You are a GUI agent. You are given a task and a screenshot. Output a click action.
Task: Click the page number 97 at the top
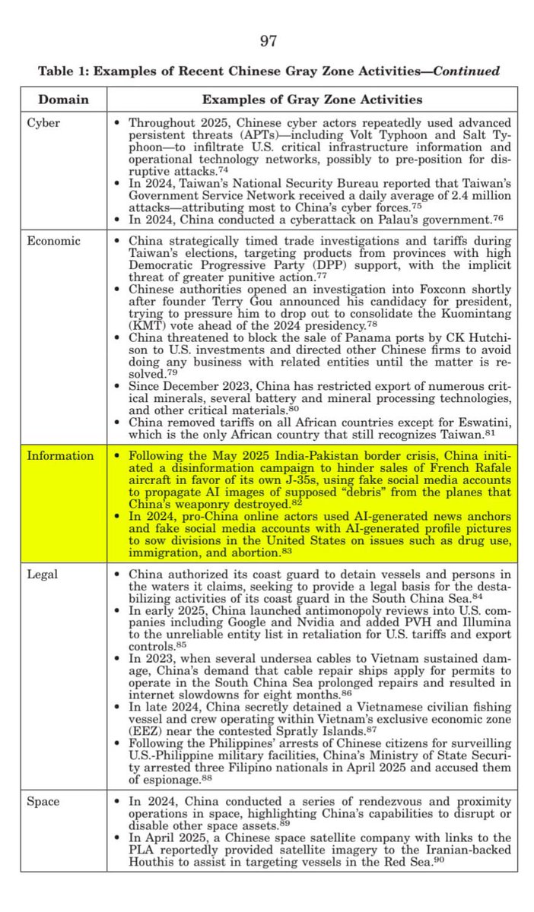click(x=268, y=41)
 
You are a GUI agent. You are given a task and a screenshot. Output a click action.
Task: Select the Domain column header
click(x=63, y=100)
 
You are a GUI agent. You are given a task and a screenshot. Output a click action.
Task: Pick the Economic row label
click(x=53, y=241)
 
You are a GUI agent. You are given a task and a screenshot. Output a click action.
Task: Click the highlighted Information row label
click(x=60, y=456)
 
